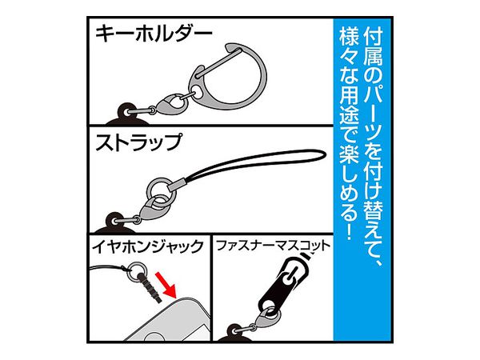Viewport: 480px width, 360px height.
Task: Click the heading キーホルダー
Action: (154, 34)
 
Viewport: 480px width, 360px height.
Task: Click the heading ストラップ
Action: (138, 142)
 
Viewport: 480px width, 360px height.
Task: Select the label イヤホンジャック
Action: (148, 246)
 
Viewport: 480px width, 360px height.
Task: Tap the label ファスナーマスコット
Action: (273, 246)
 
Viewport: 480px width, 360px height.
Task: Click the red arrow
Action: (166, 284)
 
